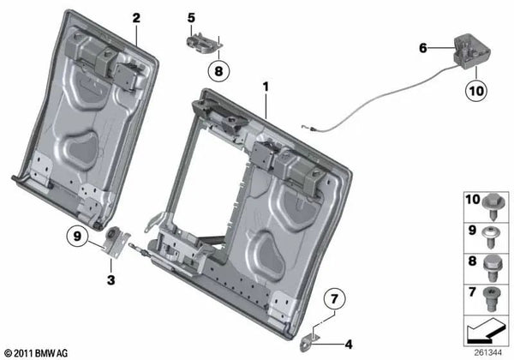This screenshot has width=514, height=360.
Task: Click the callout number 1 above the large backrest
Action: click(x=266, y=87)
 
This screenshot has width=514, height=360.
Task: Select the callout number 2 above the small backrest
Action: click(x=134, y=17)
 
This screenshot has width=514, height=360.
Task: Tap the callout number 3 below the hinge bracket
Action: click(x=111, y=279)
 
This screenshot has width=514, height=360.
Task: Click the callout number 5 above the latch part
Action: click(x=191, y=17)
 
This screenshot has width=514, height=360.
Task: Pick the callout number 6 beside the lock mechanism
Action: click(x=422, y=49)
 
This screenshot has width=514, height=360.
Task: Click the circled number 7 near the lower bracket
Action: click(x=336, y=300)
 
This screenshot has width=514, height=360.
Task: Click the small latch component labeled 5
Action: click(x=200, y=37)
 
